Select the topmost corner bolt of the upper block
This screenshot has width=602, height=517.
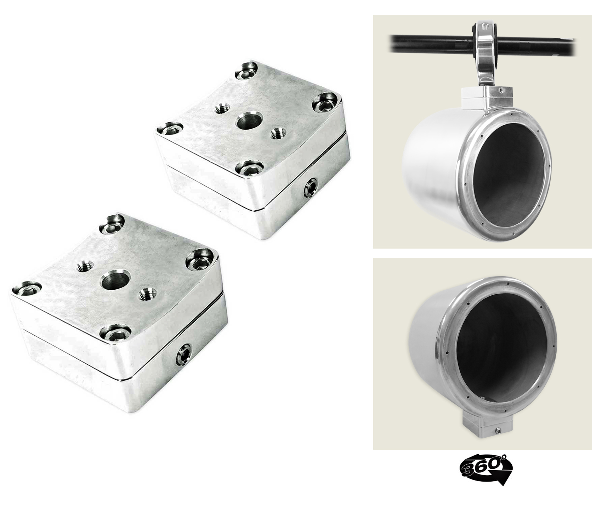tap(247, 70)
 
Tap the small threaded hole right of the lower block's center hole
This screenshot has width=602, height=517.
tap(147, 294)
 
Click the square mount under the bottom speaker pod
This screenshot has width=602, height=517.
tap(487, 425)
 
